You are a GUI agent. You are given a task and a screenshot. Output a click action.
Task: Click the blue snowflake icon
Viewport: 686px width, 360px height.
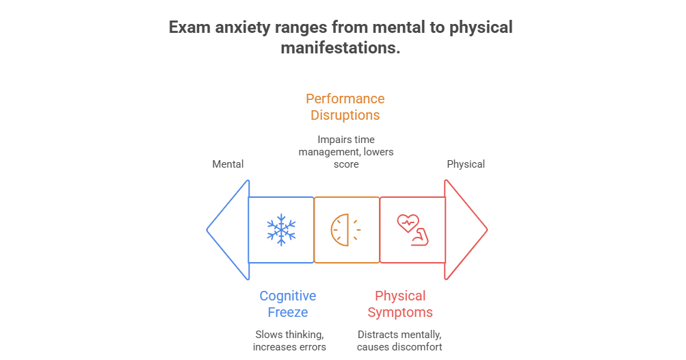pyautogui.click(x=281, y=230)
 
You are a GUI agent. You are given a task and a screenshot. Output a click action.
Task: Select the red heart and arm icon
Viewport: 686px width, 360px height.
pyautogui.click(x=411, y=230)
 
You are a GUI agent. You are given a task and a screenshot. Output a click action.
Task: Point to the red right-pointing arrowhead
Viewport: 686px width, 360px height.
pyautogui.click(x=465, y=230)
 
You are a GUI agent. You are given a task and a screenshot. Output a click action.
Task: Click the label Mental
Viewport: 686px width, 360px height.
pyautogui.click(x=228, y=164)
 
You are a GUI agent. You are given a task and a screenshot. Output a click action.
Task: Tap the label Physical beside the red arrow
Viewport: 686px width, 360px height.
pyautogui.click(x=466, y=164)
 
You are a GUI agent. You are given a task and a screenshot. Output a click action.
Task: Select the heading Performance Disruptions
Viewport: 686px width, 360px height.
pyautogui.click(x=345, y=107)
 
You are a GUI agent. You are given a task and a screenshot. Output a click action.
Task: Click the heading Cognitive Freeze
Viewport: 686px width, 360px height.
pyautogui.click(x=287, y=304)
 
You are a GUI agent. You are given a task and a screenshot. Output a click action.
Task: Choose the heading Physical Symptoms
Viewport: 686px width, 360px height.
pyautogui.click(x=400, y=304)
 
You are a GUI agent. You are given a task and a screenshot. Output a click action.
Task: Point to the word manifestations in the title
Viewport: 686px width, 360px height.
pyautogui.click(x=340, y=48)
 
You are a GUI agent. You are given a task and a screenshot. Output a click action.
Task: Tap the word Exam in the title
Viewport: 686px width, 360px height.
pyautogui.click(x=187, y=28)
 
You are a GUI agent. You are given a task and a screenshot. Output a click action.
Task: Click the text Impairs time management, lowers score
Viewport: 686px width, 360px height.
pyautogui.click(x=346, y=152)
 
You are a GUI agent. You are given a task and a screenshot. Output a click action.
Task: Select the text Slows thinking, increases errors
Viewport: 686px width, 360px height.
pyautogui.click(x=289, y=341)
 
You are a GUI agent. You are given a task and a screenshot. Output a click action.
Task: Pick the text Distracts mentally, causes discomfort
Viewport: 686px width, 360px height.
pyautogui.click(x=400, y=341)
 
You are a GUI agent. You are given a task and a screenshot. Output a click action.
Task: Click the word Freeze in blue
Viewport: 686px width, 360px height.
pyautogui.click(x=287, y=313)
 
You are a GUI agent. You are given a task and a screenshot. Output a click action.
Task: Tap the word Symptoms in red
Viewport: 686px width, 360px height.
pyautogui.click(x=400, y=313)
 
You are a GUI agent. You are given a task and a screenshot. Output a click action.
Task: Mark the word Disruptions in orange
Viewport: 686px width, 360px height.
pyautogui.click(x=345, y=115)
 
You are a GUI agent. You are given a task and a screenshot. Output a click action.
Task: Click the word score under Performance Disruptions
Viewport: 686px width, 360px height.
pyautogui.click(x=346, y=164)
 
